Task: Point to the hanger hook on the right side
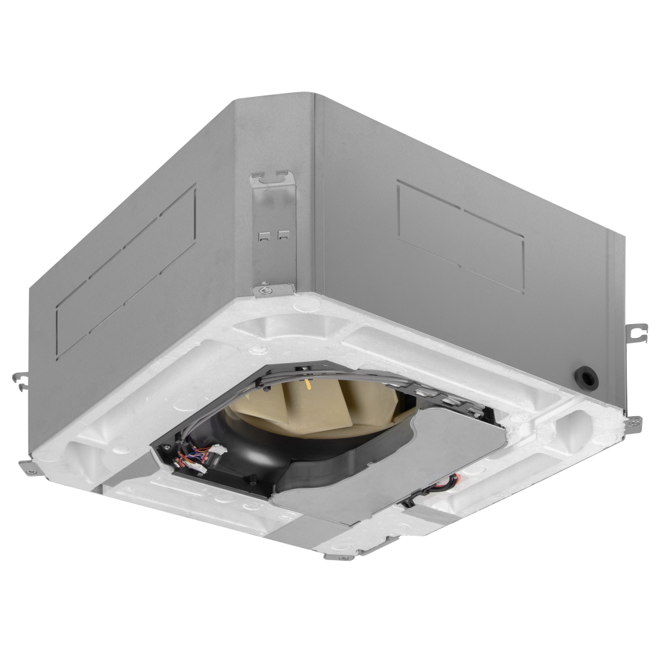[635, 333]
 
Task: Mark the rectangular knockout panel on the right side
[461, 234]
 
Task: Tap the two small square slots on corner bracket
[274, 233]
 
